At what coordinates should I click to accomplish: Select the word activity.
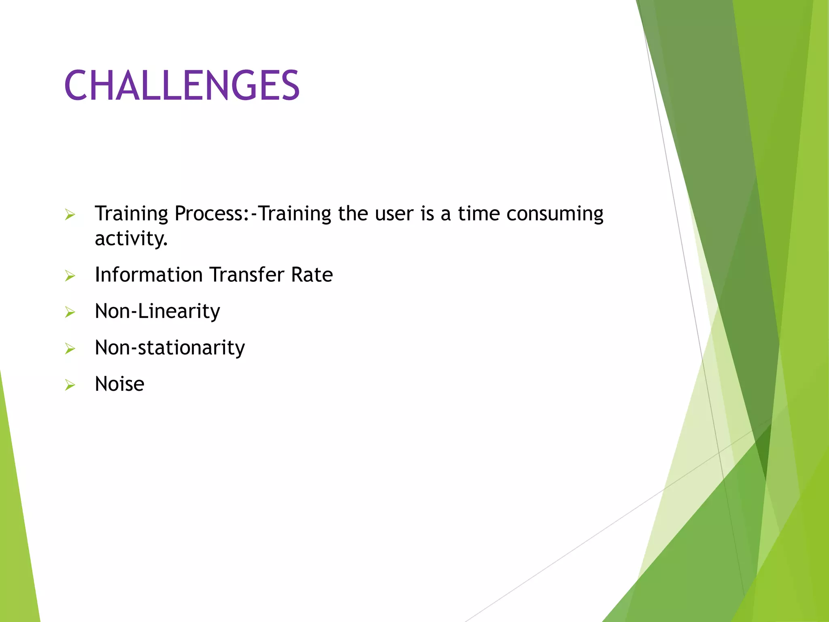(x=131, y=239)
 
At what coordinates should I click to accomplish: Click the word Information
(x=149, y=275)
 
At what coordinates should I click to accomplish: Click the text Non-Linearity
(x=157, y=311)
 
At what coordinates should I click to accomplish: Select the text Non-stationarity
(x=170, y=347)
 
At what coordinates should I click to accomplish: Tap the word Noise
(x=119, y=384)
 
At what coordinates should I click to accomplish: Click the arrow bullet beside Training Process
(x=70, y=215)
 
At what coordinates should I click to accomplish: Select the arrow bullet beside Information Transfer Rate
(x=70, y=276)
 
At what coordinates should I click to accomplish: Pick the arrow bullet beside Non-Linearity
(x=70, y=313)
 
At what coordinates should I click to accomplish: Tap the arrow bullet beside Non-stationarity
(x=70, y=349)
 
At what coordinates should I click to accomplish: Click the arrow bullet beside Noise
(x=70, y=386)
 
